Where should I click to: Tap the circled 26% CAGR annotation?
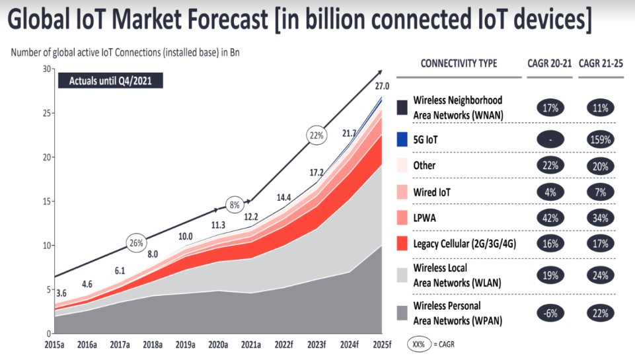137,242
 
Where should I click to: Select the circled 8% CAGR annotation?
234,203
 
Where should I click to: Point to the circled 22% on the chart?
317,135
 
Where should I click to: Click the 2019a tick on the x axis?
185,345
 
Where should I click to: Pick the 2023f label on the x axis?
317,345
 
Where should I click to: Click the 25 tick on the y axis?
46,113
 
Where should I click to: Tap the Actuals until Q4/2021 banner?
110,81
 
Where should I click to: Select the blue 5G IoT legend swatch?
402,139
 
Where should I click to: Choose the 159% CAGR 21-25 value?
600,139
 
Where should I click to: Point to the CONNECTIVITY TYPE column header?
459,63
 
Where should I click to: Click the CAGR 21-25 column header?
600,63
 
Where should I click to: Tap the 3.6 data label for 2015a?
60,293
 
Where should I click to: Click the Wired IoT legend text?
431,192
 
